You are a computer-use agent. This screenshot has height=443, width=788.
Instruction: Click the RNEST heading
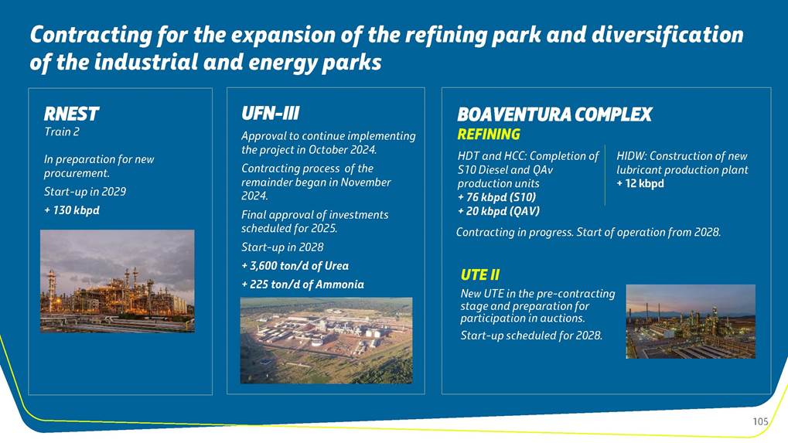click(x=71, y=114)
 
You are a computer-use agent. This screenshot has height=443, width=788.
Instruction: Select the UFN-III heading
click(x=271, y=113)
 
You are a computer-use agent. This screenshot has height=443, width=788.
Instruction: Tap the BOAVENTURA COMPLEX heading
click(x=554, y=114)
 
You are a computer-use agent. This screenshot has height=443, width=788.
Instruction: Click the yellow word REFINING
click(x=489, y=135)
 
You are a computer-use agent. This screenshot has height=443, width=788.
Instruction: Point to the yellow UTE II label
click(x=480, y=274)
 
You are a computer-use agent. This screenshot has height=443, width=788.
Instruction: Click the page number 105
click(x=760, y=421)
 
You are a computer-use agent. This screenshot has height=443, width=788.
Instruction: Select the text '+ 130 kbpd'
click(x=72, y=210)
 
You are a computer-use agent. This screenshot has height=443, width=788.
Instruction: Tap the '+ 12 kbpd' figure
click(x=640, y=183)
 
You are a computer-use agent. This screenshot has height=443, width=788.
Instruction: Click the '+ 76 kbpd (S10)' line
click(x=496, y=197)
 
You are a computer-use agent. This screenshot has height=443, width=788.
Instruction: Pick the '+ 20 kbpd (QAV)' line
click(x=499, y=212)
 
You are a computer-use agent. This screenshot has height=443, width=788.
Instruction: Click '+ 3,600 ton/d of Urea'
click(x=295, y=266)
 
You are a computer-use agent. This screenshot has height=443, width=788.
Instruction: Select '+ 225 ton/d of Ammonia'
click(x=302, y=285)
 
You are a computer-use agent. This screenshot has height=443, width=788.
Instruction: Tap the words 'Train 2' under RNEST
click(x=61, y=131)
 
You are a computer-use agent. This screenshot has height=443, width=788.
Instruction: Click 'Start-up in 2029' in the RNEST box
click(x=85, y=192)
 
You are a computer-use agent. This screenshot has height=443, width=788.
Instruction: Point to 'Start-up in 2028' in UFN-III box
click(x=282, y=247)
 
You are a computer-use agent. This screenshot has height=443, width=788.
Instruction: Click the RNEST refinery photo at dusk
click(x=117, y=281)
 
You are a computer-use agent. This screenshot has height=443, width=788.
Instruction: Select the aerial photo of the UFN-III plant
click(x=326, y=340)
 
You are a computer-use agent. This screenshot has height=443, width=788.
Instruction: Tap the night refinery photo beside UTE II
click(x=691, y=322)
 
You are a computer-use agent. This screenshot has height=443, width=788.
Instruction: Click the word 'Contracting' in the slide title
click(x=91, y=35)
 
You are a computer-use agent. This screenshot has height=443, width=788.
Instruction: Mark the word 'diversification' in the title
click(x=667, y=35)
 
